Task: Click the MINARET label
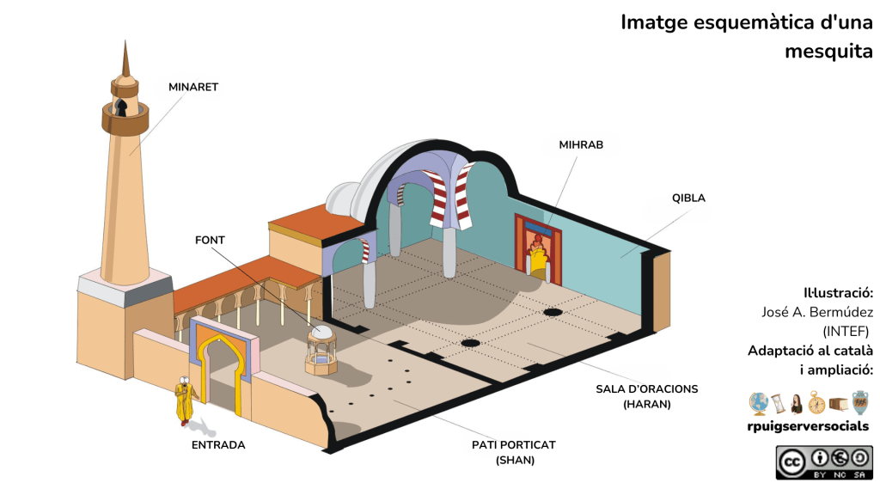pyautogui.click(x=193, y=87)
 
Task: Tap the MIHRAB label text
pyautogui.click(x=581, y=144)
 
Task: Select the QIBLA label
pyautogui.click(x=688, y=198)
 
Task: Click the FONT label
pyautogui.click(x=210, y=240)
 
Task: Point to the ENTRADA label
pyautogui.click(x=218, y=445)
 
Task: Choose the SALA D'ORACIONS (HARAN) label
pyautogui.click(x=647, y=396)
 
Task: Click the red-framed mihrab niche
pyautogui.click(x=537, y=250)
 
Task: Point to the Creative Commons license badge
pyautogui.click(x=823, y=462)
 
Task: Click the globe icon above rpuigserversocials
pyautogui.click(x=758, y=402)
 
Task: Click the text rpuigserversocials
pyautogui.click(x=808, y=426)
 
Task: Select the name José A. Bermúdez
pyautogui.click(x=817, y=312)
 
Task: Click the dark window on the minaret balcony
pyautogui.click(x=123, y=108)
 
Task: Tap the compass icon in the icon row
pyautogui.click(x=816, y=402)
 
